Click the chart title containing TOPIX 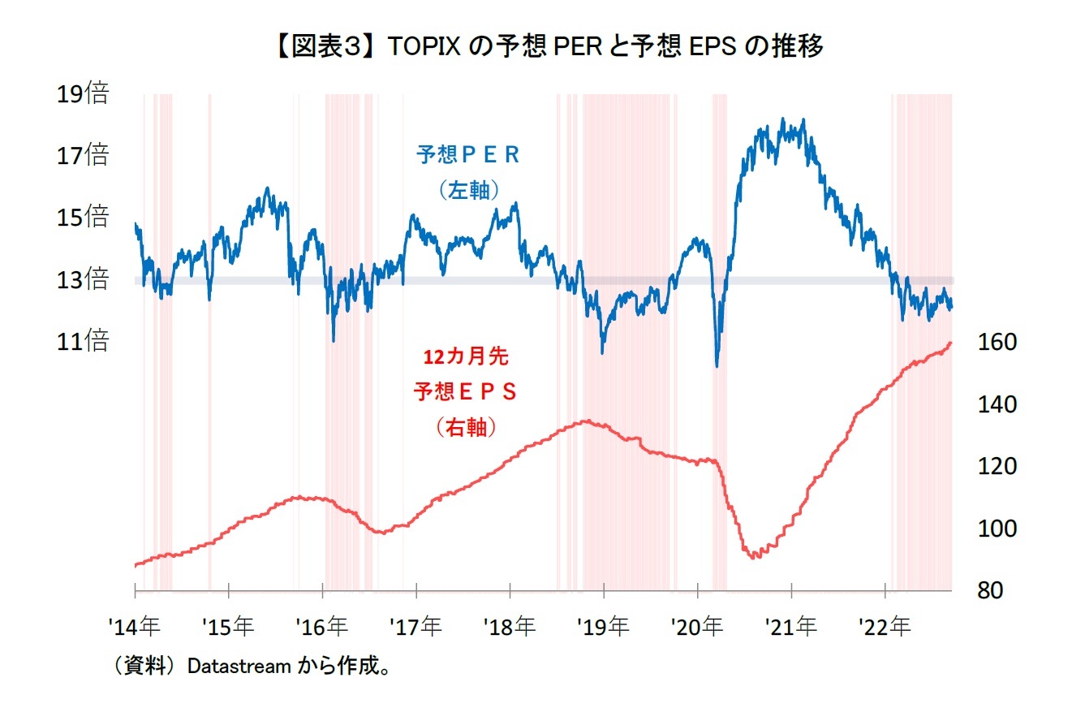tap(541, 47)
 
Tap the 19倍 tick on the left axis tap(82, 93)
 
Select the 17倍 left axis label tap(82, 154)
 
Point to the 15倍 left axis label tap(82, 217)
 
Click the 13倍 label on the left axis tap(82, 280)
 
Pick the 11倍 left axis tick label tap(82, 341)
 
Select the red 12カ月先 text tap(466, 356)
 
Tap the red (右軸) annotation tap(466, 428)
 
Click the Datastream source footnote tap(252, 667)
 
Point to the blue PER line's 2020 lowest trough tap(717, 365)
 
